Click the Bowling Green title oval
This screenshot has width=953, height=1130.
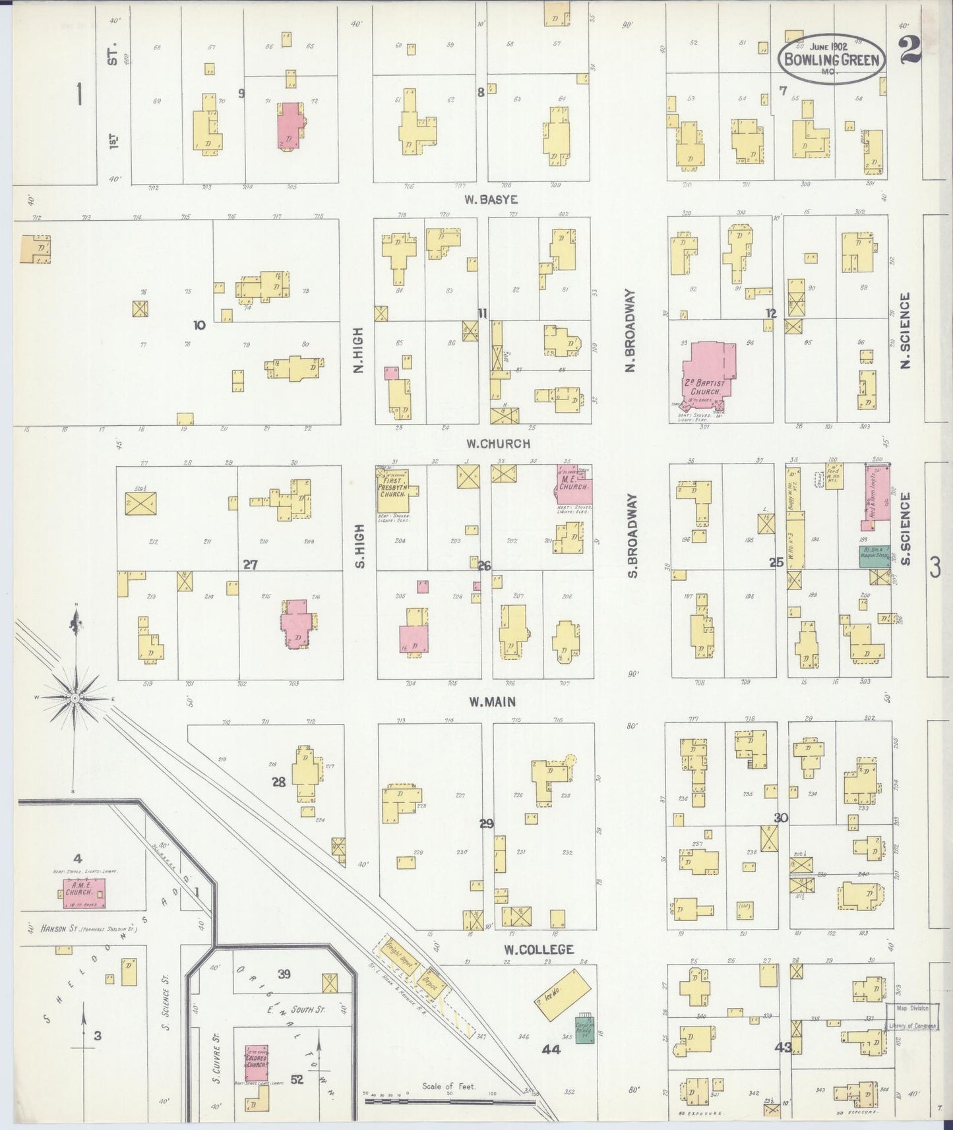click(830, 58)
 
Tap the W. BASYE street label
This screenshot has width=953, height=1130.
click(490, 199)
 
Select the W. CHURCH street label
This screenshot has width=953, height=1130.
click(498, 444)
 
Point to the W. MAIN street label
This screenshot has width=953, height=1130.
click(491, 702)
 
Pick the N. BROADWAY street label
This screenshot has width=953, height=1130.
click(630, 331)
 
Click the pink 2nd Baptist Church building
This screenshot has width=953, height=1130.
click(707, 373)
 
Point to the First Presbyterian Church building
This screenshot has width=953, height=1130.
click(394, 491)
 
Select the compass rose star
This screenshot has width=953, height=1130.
click(75, 697)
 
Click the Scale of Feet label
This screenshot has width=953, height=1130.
click(449, 1086)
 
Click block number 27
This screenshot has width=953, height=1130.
click(250, 564)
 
